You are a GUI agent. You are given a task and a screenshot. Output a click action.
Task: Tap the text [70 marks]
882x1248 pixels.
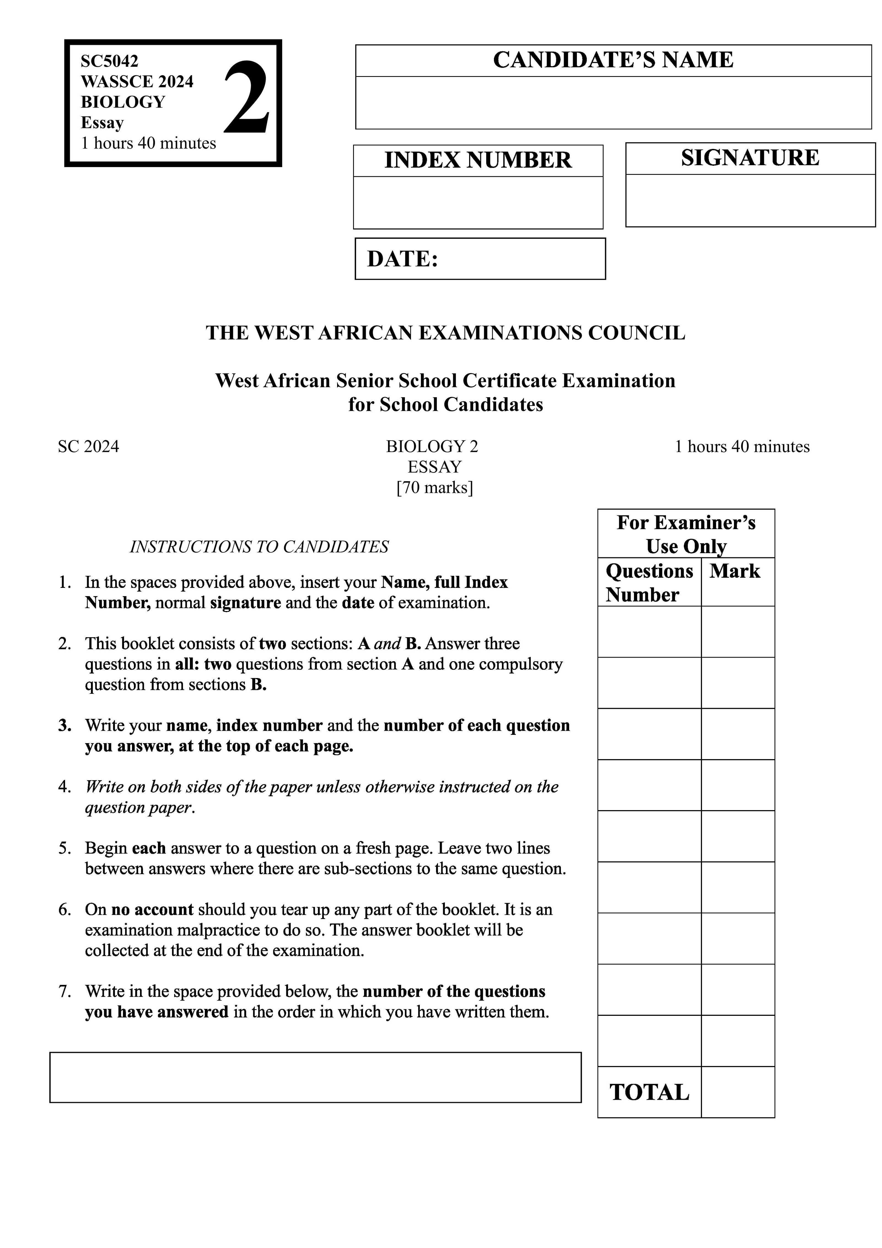435,488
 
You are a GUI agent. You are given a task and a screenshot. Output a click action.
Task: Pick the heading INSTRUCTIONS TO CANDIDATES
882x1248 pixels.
259,546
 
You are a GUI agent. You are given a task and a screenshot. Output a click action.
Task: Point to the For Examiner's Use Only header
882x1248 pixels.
686,534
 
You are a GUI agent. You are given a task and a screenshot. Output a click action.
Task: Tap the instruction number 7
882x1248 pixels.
65,992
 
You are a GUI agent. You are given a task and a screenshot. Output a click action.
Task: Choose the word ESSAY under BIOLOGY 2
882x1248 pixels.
435,467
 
